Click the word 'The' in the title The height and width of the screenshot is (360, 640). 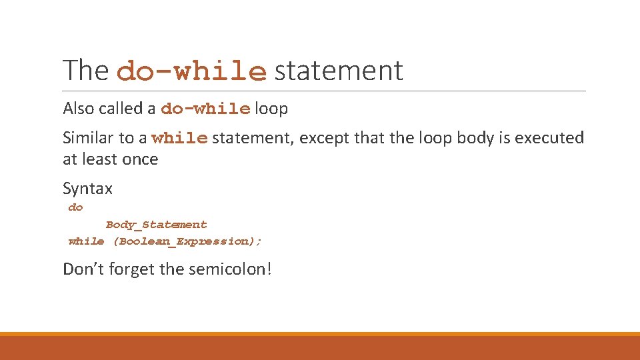click(86, 71)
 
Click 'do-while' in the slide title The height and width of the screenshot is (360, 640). click(192, 72)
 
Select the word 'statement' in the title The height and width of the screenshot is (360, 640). click(339, 71)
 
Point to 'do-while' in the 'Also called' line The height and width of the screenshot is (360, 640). click(206, 109)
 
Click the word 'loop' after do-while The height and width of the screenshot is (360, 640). click(271, 109)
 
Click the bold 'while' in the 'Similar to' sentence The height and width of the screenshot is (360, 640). click(180, 139)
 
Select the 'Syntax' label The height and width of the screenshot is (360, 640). click(87, 189)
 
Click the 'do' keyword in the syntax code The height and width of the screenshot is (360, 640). click(75, 208)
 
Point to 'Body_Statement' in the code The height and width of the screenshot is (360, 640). click(157, 225)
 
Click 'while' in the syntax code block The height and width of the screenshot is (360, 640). click(86, 241)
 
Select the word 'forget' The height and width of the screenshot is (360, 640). click(133, 269)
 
